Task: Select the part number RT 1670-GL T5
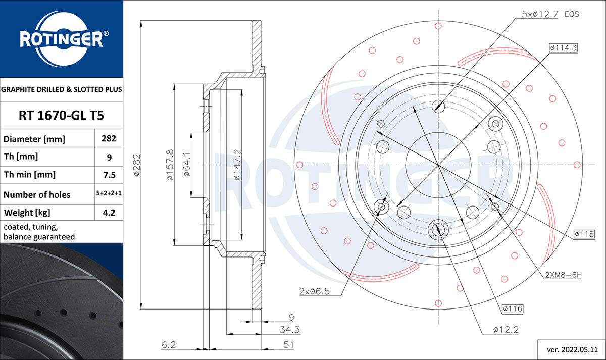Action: (61, 116)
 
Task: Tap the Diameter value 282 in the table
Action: (109, 138)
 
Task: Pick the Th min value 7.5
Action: (109, 175)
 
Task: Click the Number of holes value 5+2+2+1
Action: (109, 193)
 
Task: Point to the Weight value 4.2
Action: (109, 213)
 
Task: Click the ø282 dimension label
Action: (137, 165)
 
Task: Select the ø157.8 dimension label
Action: (170, 165)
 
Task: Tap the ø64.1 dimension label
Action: (187, 164)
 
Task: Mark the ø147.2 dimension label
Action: (237, 165)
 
